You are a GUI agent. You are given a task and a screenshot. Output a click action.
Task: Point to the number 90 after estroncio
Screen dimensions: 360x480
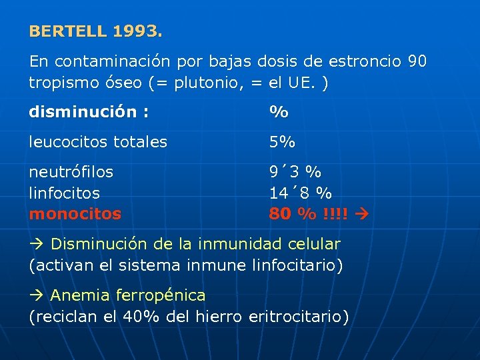tap(417, 62)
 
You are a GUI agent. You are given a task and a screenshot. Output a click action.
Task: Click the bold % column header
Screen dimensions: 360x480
tap(279, 112)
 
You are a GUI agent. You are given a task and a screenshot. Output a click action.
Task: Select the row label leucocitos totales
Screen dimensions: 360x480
tap(98, 142)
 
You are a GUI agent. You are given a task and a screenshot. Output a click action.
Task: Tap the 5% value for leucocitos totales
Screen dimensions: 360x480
tap(282, 142)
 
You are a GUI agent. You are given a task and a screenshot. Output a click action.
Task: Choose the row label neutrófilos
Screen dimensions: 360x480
tap(71, 172)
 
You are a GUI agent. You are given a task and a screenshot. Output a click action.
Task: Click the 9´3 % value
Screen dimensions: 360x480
tap(295, 172)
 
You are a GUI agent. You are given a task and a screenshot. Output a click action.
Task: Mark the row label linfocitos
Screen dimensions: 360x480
tap(65, 193)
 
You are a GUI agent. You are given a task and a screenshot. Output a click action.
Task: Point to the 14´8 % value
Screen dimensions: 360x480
tap(300, 193)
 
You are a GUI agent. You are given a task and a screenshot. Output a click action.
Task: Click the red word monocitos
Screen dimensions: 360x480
tap(75, 214)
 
